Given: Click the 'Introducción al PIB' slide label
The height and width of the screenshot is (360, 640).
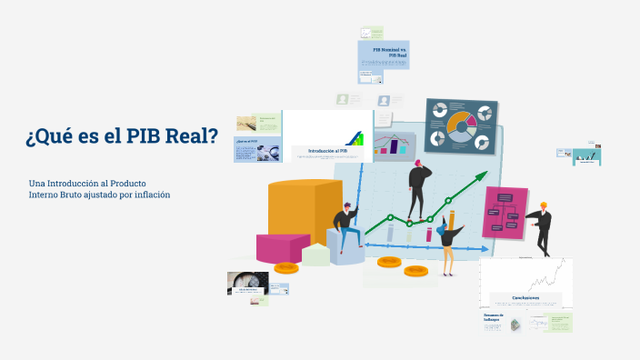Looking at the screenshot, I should point(327,151).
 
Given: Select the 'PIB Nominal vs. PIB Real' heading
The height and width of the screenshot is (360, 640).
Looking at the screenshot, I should point(392,52).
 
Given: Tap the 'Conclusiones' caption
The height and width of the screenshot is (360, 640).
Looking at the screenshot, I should point(525,297).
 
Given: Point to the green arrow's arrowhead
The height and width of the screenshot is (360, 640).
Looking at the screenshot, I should point(484,182).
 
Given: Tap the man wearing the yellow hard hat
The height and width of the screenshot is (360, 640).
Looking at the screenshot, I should point(542,227).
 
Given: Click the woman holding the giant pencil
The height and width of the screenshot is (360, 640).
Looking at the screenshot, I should point(447,244).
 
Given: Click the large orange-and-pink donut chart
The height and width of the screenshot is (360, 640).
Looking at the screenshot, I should point(461,127).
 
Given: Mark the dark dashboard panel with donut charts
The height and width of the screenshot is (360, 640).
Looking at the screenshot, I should point(462,126).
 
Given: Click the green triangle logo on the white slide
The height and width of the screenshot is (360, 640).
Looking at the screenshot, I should point(360,139).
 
